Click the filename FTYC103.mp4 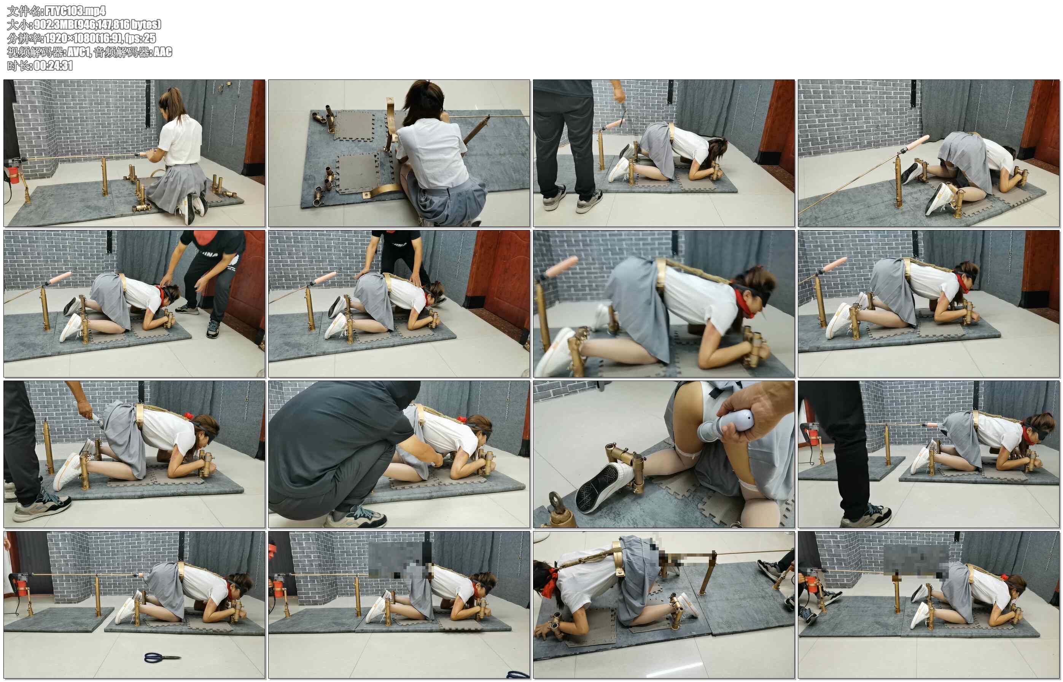pyautogui.click(x=75, y=11)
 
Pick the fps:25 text pyautogui.click(x=140, y=38)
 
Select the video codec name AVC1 pyautogui.click(x=79, y=52)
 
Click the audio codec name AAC pyautogui.click(x=162, y=52)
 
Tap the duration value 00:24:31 pyautogui.click(x=53, y=65)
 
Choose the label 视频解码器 pyautogui.click(x=35, y=52)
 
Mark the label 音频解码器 pyautogui.click(x=121, y=52)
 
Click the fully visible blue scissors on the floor pyautogui.click(x=162, y=657)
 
